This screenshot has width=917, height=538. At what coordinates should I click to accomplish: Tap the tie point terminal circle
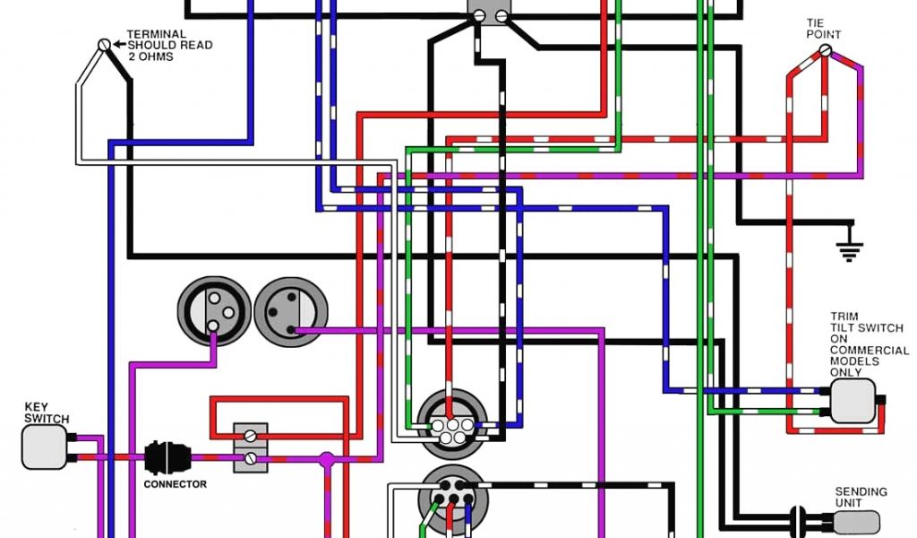point(825,50)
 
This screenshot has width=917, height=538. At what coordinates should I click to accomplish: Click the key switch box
point(44,447)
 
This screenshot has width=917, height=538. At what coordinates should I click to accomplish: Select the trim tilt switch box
point(852,400)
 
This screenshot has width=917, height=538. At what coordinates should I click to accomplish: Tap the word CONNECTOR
point(176,484)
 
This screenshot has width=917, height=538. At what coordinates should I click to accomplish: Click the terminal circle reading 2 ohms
point(104,44)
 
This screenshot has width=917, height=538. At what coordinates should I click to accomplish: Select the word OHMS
point(158,56)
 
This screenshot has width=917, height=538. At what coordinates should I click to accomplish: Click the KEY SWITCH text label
point(46,412)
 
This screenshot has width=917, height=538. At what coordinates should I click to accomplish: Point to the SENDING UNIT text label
point(861,498)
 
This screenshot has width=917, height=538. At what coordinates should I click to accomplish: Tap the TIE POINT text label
point(823,29)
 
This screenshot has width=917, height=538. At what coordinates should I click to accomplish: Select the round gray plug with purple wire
point(291,312)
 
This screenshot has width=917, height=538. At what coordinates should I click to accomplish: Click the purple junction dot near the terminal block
point(326,459)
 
